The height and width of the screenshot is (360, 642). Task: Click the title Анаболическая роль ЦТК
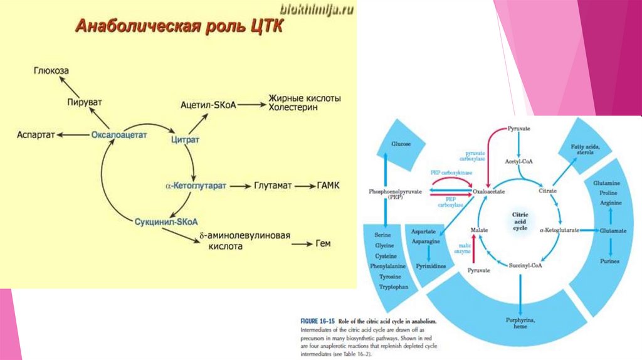179,27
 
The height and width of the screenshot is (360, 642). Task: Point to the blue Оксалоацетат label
118,134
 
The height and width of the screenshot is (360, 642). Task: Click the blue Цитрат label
185,140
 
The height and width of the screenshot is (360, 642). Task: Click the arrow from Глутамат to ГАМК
305,186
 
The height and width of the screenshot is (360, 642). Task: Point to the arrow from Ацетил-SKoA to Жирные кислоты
252,103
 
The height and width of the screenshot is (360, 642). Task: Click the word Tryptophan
394,287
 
